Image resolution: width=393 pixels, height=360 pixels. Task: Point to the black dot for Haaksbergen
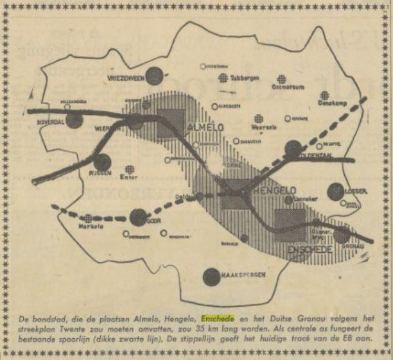(x=210, y=277)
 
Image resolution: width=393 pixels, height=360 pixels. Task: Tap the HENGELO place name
(x=265, y=191)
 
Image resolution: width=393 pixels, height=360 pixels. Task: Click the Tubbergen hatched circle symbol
(x=223, y=78)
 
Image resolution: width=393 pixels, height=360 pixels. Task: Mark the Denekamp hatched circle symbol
(x=325, y=96)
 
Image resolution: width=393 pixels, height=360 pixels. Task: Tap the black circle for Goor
(x=138, y=218)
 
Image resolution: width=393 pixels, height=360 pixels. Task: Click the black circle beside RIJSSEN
(x=103, y=162)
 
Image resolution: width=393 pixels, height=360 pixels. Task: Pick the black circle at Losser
(x=335, y=192)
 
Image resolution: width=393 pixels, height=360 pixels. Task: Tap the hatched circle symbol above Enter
(x=130, y=169)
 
